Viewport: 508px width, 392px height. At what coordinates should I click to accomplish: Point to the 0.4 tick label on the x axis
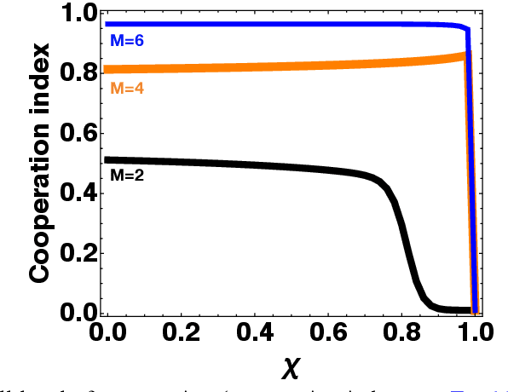[x=254, y=332]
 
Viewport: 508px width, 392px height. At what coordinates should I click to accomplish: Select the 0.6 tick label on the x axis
[x=327, y=332]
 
